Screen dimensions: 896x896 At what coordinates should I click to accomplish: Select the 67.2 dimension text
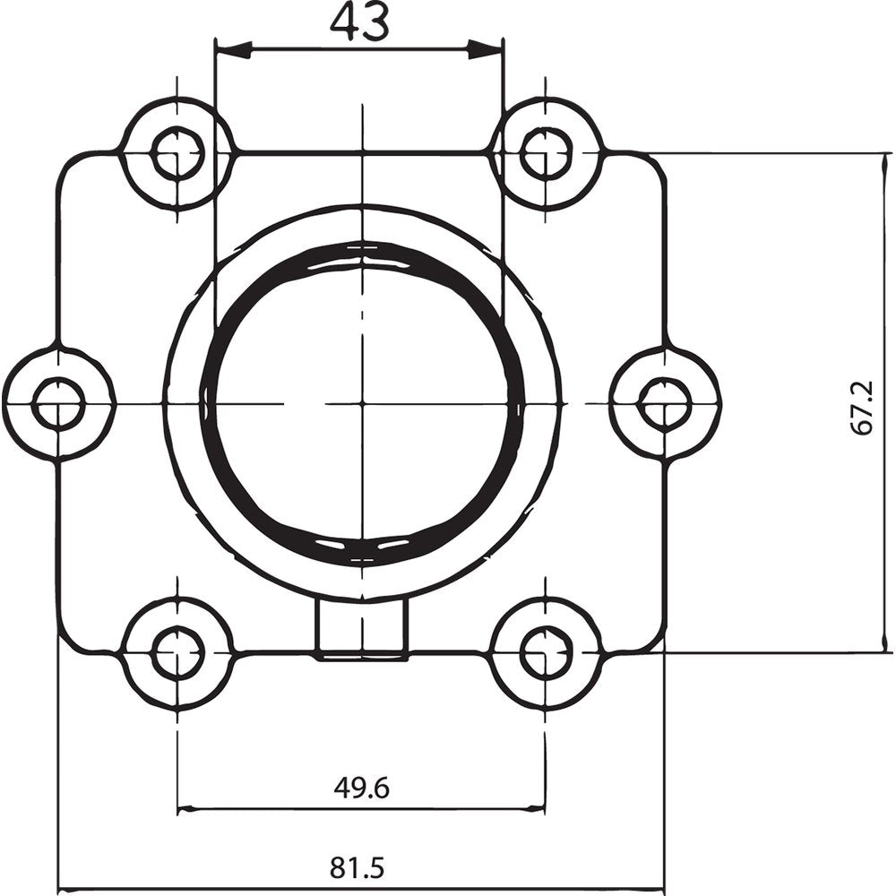point(862,405)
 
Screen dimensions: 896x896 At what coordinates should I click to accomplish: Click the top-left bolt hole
point(177,154)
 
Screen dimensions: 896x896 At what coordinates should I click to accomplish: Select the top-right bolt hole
point(546,153)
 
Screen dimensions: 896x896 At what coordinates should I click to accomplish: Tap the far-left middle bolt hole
point(58,404)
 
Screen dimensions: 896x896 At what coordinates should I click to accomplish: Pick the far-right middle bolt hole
point(664,403)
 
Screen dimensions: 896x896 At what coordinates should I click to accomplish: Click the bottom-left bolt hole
point(177,654)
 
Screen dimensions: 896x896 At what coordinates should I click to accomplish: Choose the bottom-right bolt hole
point(546,653)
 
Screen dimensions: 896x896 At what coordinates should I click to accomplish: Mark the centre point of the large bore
point(363,404)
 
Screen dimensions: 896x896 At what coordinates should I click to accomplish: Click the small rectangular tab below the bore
point(363,629)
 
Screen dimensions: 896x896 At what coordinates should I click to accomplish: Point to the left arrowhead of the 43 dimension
point(231,50)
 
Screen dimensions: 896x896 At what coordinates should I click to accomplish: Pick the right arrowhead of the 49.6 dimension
point(532,809)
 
